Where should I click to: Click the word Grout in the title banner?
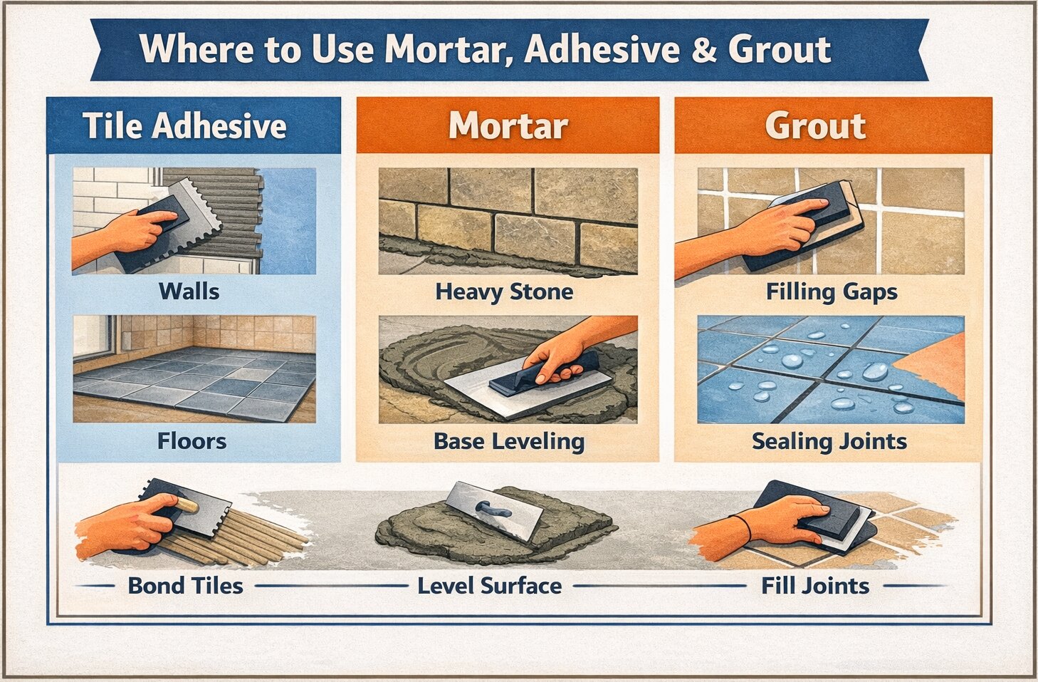(779, 49)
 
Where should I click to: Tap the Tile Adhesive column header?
(184, 126)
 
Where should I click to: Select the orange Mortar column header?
(508, 126)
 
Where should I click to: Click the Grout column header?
(815, 126)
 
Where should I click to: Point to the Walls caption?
(189, 291)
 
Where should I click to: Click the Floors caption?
(192, 441)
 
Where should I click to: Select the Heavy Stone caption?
(504, 291)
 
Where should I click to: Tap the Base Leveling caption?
(509, 441)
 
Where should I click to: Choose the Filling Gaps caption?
(831, 291)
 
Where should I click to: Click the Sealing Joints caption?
(829, 441)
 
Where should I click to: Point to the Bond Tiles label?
(185, 586)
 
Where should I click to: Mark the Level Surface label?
(489, 586)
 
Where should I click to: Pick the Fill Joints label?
(814, 586)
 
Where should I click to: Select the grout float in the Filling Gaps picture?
(819, 214)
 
